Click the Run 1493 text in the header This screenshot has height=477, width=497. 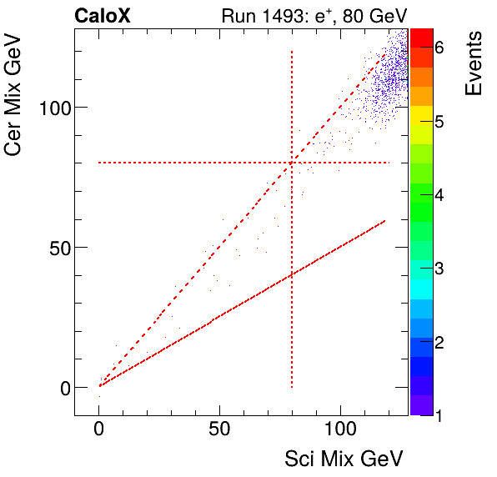pyautogui.click(x=259, y=16)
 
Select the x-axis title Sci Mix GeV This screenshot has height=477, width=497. pyautogui.click(x=344, y=459)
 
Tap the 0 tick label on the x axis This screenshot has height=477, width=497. pyautogui.click(x=99, y=431)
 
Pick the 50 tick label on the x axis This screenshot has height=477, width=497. pyautogui.click(x=219, y=431)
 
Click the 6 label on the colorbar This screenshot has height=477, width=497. pyautogui.click(x=439, y=48)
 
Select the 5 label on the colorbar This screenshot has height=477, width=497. pyautogui.click(x=439, y=122)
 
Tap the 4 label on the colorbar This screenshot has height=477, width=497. pyautogui.click(x=439, y=195)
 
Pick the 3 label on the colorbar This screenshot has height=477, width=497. pyautogui.click(x=439, y=269)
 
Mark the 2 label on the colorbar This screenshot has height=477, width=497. pyautogui.click(x=439, y=342)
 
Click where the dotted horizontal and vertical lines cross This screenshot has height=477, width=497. pyautogui.click(x=292, y=163)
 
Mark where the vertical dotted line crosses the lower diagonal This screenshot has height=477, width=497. pyautogui.click(x=292, y=275)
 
